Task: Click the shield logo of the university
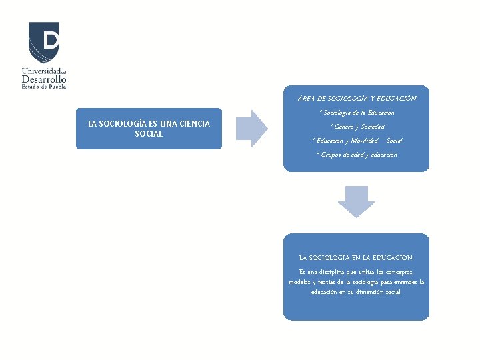point(44,42)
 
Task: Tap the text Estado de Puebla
point(44,86)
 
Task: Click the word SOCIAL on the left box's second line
point(149,133)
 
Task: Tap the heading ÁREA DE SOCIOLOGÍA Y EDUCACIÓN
point(357,98)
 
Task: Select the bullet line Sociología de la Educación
point(357,113)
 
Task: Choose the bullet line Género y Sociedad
point(357,127)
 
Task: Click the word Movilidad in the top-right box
point(363,141)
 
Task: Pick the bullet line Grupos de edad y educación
point(357,155)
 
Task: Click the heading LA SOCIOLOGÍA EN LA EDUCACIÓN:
point(357,257)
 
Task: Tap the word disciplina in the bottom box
point(331,271)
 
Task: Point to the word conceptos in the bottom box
point(398,271)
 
